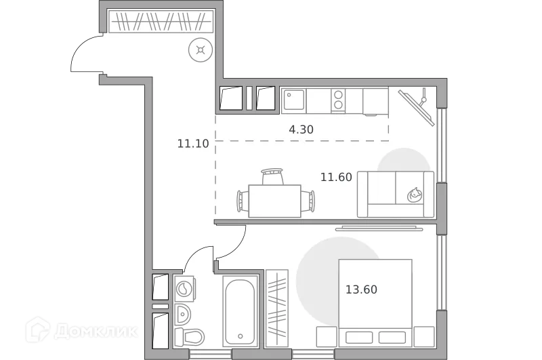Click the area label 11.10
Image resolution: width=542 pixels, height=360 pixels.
192,143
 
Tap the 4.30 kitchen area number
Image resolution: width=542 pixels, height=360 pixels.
301,129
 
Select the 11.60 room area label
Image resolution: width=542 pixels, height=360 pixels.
336,177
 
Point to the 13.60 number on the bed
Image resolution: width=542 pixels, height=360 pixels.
361,289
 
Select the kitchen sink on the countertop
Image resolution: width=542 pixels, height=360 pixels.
293,101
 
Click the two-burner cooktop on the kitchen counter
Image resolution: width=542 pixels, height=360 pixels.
337,101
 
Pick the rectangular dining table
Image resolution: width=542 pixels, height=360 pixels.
274,201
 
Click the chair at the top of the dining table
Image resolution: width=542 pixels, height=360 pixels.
272,176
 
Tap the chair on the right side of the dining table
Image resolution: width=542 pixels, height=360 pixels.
309,201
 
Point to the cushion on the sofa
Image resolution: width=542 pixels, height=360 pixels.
414,195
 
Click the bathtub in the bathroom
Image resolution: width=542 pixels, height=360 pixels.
241,311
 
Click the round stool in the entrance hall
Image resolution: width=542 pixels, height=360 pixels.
201,49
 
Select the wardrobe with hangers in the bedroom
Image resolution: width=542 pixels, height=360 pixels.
277,308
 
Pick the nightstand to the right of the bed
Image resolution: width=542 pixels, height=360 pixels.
423,336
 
